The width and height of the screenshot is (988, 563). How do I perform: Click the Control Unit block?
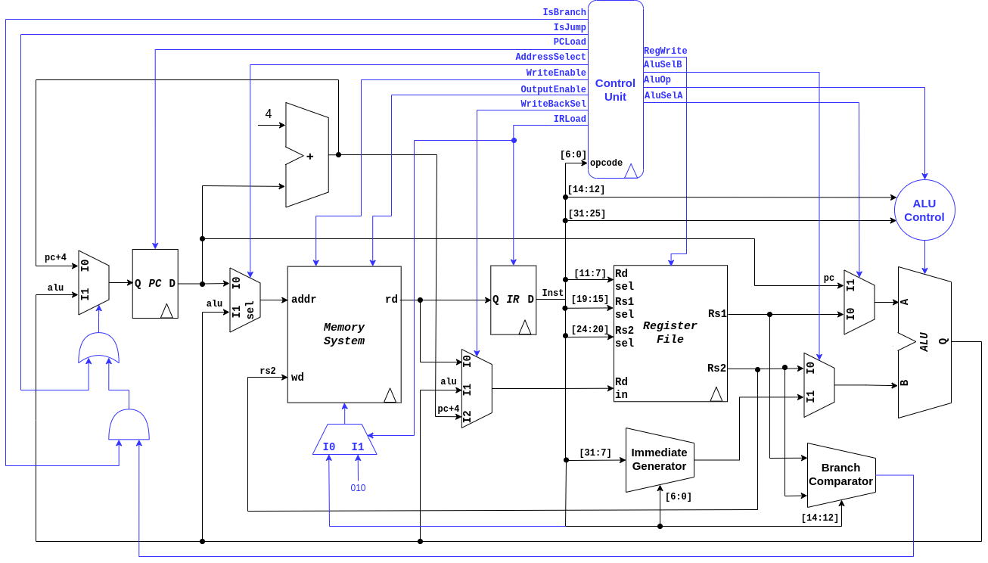[615, 89]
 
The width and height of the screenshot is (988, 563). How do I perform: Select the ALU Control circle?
[924, 210]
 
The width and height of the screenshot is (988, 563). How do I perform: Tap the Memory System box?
[343, 334]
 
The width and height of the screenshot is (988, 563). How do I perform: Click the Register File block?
[670, 333]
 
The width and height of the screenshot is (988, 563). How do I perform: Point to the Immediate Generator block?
[660, 459]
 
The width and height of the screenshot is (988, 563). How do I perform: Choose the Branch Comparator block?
[840, 474]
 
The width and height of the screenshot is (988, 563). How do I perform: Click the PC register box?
[155, 284]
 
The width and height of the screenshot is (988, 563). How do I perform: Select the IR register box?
[513, 300]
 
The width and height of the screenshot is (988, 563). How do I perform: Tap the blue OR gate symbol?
[99, 350]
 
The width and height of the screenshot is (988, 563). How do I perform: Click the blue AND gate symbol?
[129, 425]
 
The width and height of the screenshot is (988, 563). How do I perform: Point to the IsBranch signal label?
[564, 12]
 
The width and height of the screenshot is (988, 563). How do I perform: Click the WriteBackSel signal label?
[553, 104]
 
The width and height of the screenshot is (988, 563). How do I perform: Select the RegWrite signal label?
[665, 51]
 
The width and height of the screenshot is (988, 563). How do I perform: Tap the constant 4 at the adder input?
[268, 114]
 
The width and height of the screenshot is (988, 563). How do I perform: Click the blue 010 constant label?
[358, 488]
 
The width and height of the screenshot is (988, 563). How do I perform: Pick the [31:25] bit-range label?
[586, 213]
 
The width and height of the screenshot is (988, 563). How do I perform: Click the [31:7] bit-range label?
[595, 453]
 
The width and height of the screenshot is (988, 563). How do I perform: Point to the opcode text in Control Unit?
[606, 163]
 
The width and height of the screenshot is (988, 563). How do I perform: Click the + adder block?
[307, 155]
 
